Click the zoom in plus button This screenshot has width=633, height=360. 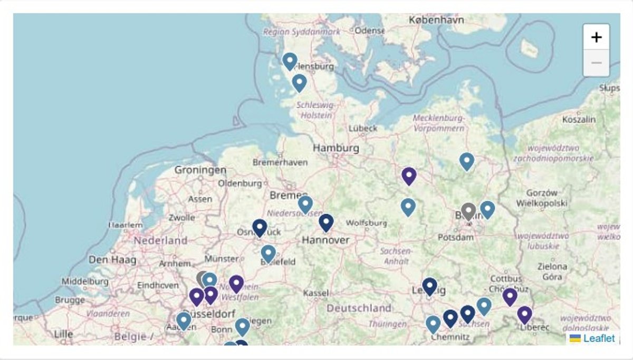(596, 37)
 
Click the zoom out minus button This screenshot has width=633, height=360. (596, 63)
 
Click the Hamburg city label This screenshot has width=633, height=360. (336, 148)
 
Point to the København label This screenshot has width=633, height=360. (436, 20)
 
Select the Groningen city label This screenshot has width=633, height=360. (200, 170)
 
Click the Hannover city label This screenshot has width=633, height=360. (325, 240)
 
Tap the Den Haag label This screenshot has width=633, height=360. (112, 260)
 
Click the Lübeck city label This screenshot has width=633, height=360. (363, 128)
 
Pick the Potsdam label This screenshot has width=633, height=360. (456, 238)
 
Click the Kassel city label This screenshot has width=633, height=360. (316, 293)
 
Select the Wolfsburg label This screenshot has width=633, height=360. (367, 223)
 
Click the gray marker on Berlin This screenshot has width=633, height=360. (468, 211)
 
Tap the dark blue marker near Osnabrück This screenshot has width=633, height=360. (260, 228)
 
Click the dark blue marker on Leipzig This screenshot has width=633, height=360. (430, 286)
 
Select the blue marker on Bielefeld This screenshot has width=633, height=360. (268, 254)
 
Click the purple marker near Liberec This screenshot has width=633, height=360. (524, 315)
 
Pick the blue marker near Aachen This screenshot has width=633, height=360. (184, 320)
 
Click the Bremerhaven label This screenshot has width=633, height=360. (280, 162)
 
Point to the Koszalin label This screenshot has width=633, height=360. (579, 120)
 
